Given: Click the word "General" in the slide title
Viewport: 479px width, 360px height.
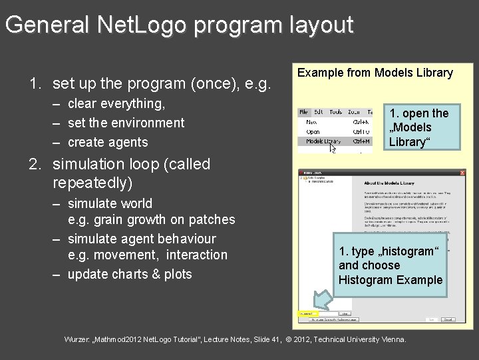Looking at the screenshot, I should [47, 25].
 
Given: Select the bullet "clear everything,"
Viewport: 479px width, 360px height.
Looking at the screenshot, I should [116, 103].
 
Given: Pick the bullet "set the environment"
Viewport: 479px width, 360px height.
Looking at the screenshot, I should [126, 123].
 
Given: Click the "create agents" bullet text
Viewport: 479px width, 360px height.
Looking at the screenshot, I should [108, 142].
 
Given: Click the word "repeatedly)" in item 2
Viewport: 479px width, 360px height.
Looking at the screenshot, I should [92, 182].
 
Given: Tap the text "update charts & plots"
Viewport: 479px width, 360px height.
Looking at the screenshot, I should [130, 274].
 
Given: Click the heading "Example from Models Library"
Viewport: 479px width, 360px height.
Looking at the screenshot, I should [375, 73].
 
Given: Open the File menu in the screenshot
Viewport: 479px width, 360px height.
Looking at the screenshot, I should [304, 113].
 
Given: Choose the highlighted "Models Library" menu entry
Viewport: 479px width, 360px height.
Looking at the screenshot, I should [323, 141].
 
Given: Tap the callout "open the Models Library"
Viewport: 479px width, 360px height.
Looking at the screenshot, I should [419, 127].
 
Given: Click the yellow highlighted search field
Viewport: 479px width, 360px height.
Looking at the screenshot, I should [307, 313].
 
